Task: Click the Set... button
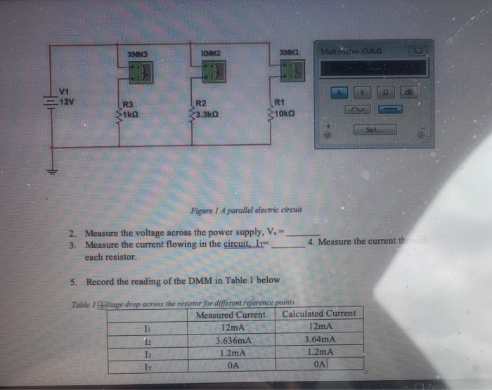pos(380,130)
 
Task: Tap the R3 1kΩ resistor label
pos(131,109)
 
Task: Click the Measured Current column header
pos(231,314)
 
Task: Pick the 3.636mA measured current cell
pos(232,341)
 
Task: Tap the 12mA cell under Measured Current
pos(232,327)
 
